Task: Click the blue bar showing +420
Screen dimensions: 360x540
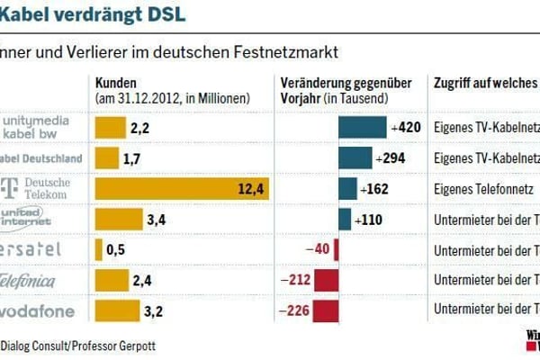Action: coord(362,128)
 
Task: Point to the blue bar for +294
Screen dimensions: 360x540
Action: coord(355,158)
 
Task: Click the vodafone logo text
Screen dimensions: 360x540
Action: coord(40,311)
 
